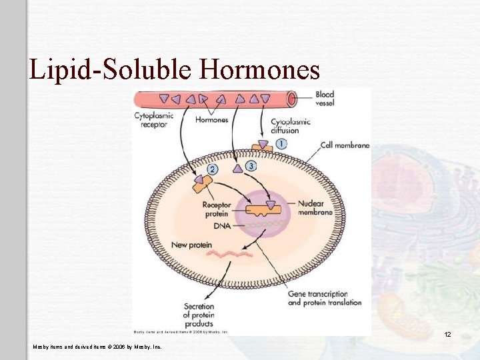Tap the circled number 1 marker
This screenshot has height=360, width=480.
[x=281, y=143]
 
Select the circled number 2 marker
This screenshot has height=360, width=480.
[x=212, y=169]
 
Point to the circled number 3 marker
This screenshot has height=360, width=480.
[x=251, y=165]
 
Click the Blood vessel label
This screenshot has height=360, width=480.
[x=325, y=99]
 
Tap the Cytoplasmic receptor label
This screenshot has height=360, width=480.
[x=154, y=119]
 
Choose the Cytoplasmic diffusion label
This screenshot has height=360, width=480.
[x=290, y=126]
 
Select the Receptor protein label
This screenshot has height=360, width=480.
[x=217, y=209]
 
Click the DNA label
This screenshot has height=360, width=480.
[x=221, y=227]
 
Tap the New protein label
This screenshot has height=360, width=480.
[x=191, y=245]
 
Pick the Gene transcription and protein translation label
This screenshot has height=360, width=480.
[x=325, y=298]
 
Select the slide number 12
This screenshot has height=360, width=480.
[x=447, y=334]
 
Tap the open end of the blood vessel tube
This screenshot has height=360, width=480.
[x=291, y=99]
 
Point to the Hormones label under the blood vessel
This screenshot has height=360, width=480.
[x=211, y=120]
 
